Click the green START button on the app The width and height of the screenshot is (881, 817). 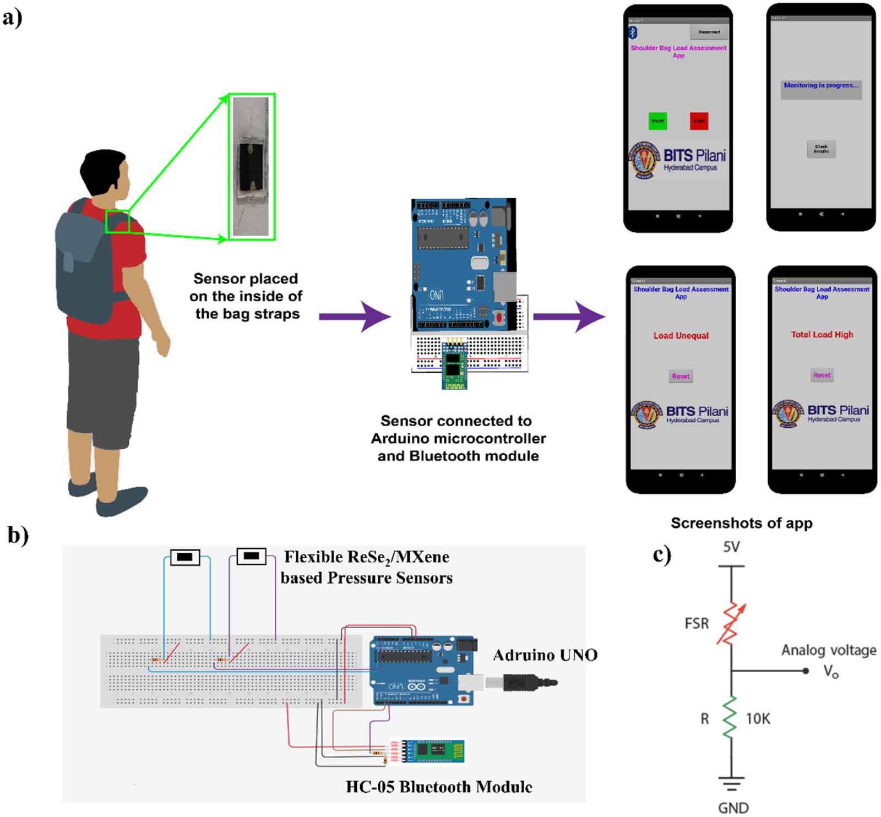click(x=657, y=121)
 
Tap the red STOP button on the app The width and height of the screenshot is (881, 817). click(x=699, y=121)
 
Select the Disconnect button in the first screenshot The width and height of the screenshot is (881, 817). click(x=709, y=32)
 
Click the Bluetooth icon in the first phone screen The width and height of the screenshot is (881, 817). click(x=633, y=32)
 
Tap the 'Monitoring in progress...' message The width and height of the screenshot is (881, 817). click(x=821, y=86)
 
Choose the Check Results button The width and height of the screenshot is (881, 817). click(x=821, y=149)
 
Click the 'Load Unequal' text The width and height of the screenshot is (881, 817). click(x=681, y=336)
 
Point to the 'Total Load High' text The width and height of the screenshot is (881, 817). click(x=822, y=335)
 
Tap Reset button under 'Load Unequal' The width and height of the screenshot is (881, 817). click(x=681, y=376)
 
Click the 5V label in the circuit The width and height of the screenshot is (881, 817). click(x=731, y=547)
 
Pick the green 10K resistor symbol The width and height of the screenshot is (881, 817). click(x=730, y=717)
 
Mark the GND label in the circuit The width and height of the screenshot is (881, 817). click(x=733, y=807)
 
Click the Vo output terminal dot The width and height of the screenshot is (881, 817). click(x=806, y=671)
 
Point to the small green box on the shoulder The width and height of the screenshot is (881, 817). click(x=117, y=221)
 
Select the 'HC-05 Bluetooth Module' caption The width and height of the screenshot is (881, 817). click(x=439, y=787)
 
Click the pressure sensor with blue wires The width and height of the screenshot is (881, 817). click(x=185, y=557)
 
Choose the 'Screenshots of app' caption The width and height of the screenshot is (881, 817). click(x=741, y=523)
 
